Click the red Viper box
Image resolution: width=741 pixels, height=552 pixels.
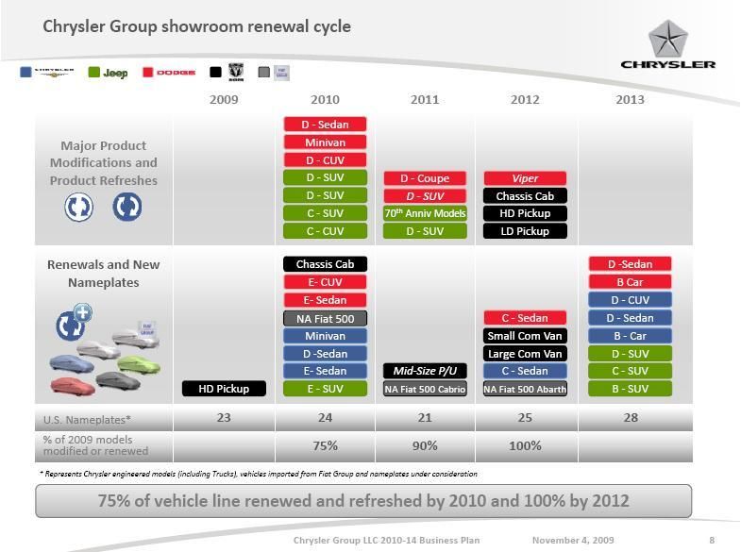click(x=525, y=178)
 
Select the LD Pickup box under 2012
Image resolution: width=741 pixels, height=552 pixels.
click(x=525, y=231)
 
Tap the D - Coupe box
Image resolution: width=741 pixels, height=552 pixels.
click(x=425, y=178)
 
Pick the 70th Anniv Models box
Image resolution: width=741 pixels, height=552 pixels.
click(x=425, y=213)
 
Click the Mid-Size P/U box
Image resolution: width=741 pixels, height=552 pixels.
click(x=425, y=371)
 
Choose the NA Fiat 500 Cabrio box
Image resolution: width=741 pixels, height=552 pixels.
click(x=425, y=389)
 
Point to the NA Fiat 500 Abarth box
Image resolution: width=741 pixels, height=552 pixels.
click(x=525, y=389)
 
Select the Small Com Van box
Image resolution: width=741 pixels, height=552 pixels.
click(x=525, y=336)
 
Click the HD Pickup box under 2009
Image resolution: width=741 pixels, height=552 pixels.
click(x=224, y=389)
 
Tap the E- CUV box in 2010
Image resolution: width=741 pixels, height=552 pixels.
click(x=325, y=282)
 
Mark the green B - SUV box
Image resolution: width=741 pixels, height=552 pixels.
click(x=630, y=389)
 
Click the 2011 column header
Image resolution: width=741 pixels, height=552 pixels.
click(x=425, y=99)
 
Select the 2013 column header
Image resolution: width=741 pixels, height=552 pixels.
click(x=630, y=99)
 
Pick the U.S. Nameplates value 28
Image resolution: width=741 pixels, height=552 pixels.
click(x=630, y=417)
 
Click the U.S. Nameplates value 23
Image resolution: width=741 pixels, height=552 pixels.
click(x=224, y=417)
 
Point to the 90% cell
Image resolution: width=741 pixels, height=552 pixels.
click(x=425, y=445)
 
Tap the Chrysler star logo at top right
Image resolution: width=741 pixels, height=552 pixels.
click(x=667, y=40)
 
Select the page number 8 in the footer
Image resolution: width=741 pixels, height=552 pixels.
click(x=712, y=541)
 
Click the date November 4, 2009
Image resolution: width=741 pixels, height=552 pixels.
click(x=573, y=541)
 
